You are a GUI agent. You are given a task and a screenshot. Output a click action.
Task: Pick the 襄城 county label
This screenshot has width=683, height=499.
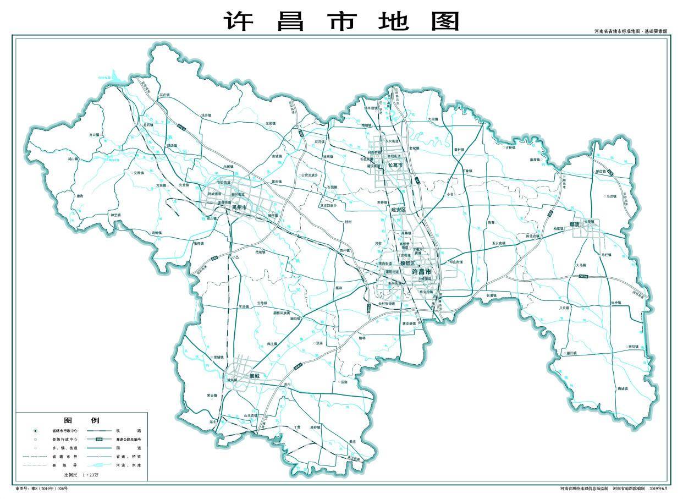tap(254, 376)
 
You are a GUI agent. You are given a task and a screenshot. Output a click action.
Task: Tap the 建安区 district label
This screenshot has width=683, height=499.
tap(398, 210)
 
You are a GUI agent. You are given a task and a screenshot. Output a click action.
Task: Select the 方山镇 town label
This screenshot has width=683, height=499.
tap(95, 134)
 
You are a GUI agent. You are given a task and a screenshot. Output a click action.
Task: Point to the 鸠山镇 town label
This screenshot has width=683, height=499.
tap(74, 158)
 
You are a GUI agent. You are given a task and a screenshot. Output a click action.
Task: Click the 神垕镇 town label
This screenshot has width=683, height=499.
tap(115, 215)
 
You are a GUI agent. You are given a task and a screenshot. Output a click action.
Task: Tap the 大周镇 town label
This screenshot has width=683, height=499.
tap(433, 119)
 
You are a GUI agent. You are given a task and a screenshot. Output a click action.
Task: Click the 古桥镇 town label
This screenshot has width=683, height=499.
tap(511, 147)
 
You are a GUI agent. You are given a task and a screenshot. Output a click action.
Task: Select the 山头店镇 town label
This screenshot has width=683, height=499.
tap(251, 416)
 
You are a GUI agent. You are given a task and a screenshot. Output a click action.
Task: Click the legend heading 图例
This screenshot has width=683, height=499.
tap(81, 420)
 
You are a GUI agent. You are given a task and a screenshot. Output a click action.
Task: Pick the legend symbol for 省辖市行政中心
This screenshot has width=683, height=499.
tap(36, 431)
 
